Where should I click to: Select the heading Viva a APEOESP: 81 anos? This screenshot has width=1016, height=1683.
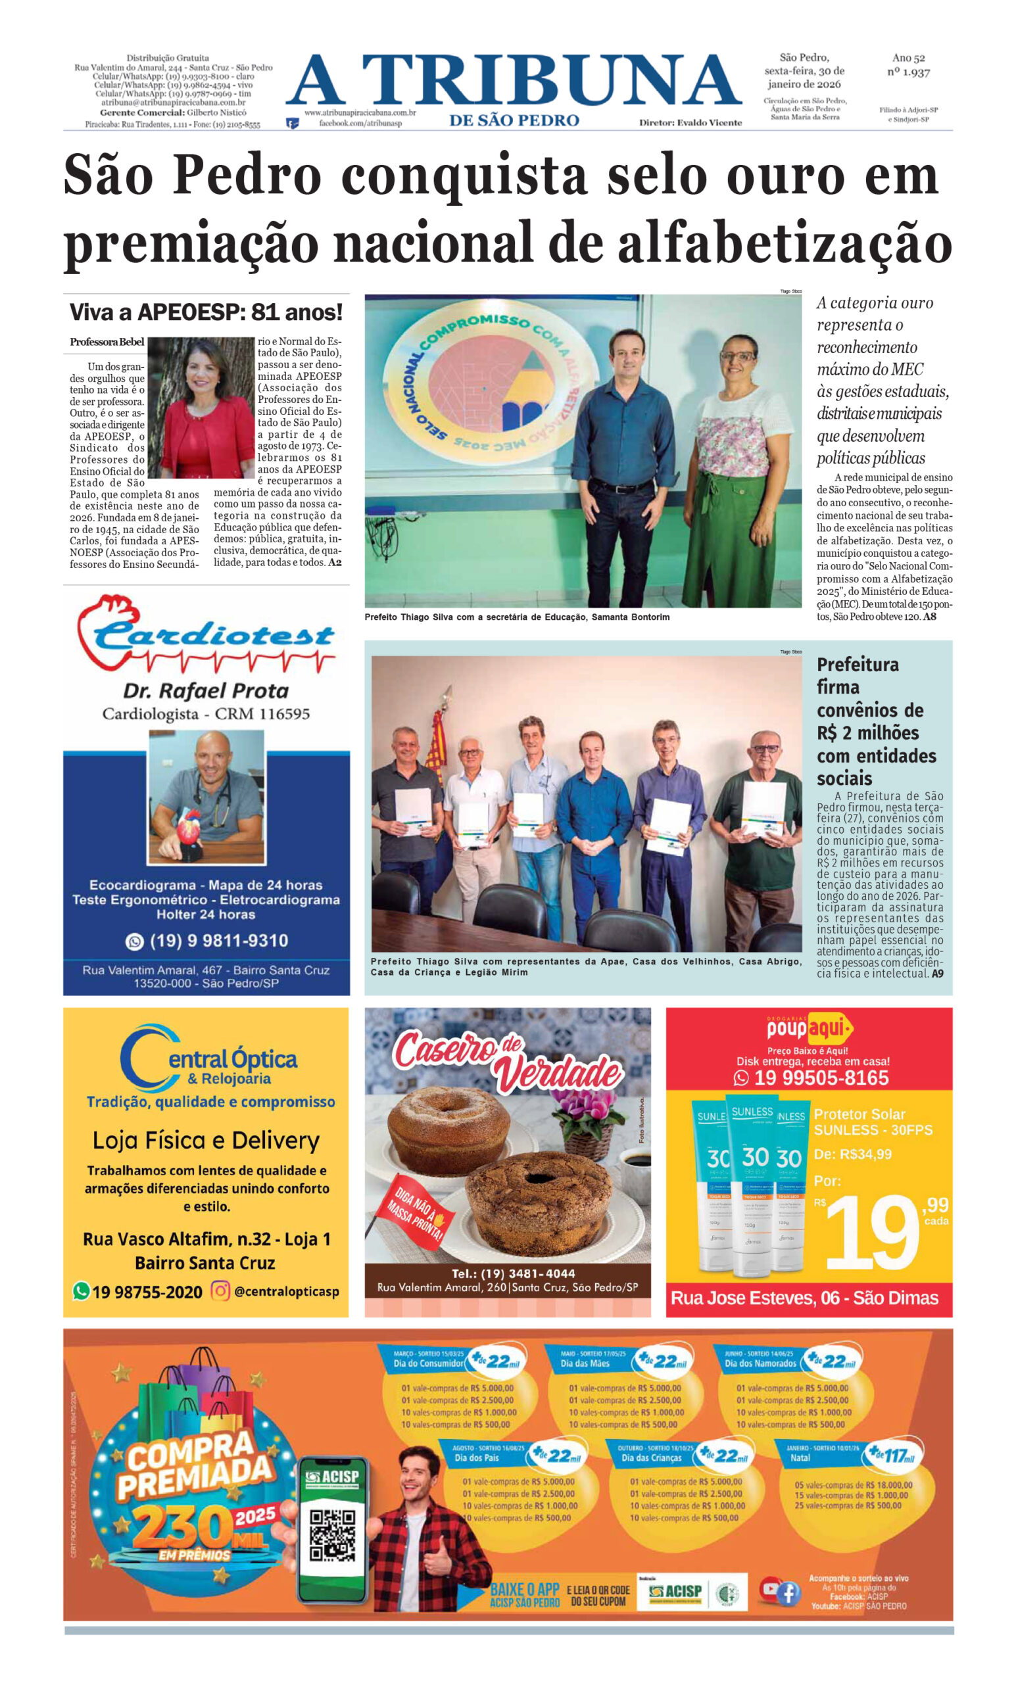tap(206, 313)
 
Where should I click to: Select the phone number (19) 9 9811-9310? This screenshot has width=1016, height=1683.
tap(218, 941)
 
